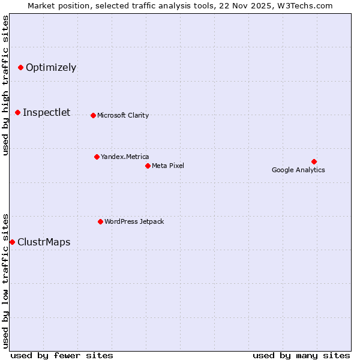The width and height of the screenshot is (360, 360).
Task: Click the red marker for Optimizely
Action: pos(20,67)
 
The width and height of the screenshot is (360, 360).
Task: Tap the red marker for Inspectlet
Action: pos(17,112)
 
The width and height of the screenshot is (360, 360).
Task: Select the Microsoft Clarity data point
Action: pos(93,115)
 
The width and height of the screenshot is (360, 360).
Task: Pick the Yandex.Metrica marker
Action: pos(97,157)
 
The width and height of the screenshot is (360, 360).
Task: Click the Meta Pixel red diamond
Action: pos(148,166)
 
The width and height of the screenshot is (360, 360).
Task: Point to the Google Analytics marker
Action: pos(314,161)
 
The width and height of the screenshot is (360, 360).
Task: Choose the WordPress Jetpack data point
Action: pos(100,221)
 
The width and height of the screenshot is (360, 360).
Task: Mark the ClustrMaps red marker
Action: pos(12,242)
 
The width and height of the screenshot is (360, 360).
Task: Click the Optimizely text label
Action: pos(51,67)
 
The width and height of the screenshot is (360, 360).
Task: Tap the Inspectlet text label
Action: pos(46,112)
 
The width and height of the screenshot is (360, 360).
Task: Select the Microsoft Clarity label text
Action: pos(123,115)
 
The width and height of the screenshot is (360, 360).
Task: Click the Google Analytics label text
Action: pos(298,170)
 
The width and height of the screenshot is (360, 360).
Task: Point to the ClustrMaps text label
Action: pos(44,242)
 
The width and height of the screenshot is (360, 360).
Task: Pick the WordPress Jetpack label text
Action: pos(134,221)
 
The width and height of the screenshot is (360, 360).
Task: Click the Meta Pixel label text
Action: pos(168,166)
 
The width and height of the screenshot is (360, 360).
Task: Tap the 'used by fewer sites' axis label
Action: pos(62,355)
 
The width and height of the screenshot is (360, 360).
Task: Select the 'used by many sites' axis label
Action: pos(301,355)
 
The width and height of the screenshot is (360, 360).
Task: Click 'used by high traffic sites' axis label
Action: pos(5,85)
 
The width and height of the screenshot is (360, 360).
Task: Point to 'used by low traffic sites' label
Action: pos(5,281)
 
